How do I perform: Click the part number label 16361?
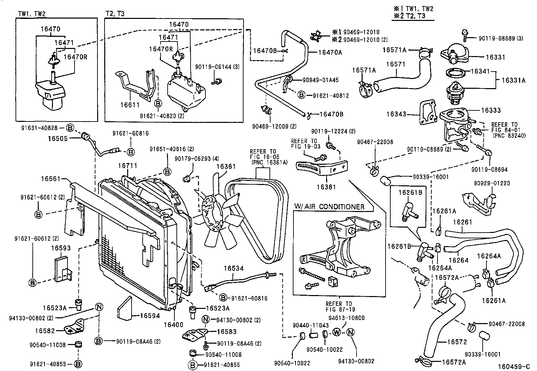[226, 166]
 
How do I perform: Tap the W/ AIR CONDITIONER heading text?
[329, 207]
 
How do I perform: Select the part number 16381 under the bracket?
[326, 186]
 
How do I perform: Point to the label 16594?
[150, 316]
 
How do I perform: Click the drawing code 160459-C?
[512, 366]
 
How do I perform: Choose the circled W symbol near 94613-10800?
[336, 333]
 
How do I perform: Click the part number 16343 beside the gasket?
[396, 114]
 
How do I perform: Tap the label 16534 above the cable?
[233, 268]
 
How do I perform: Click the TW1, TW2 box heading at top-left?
[31, 14]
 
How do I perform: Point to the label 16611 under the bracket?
[130, 105]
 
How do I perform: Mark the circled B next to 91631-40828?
[69, 128]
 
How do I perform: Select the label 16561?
[51, 179]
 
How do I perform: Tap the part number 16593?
[61, 248]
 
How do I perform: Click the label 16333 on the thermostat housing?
[491, 110]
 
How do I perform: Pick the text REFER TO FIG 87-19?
[339, 306]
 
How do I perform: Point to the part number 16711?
[128, 166]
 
